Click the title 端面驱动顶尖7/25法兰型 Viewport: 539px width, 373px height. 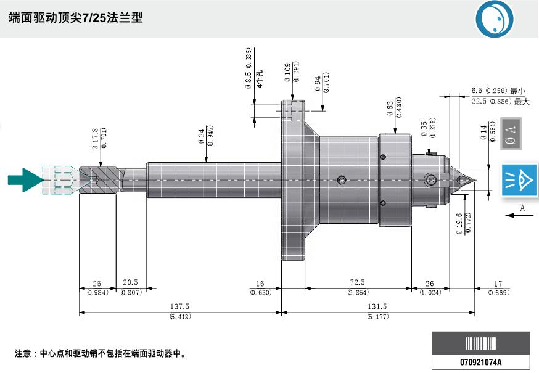coord(76,18)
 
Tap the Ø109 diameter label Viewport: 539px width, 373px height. coord(288,73)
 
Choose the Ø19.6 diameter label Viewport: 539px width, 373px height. coord(459,224)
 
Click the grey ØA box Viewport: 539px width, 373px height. coord(511,133)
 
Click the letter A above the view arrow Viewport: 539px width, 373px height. coord(522,208)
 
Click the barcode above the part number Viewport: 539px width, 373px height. coord(481,343)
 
